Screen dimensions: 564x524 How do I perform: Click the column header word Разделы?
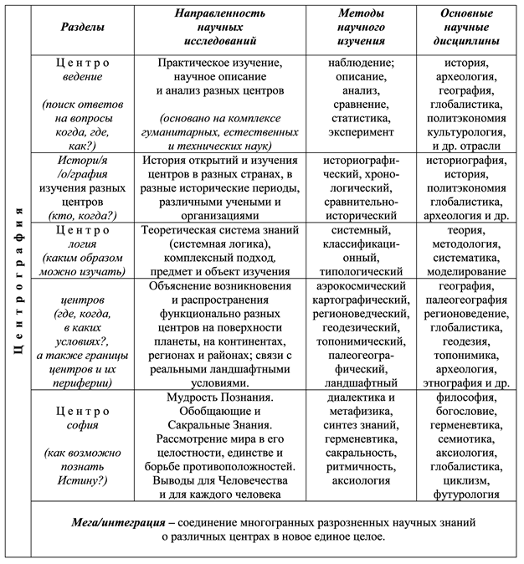(x=84, y=27)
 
